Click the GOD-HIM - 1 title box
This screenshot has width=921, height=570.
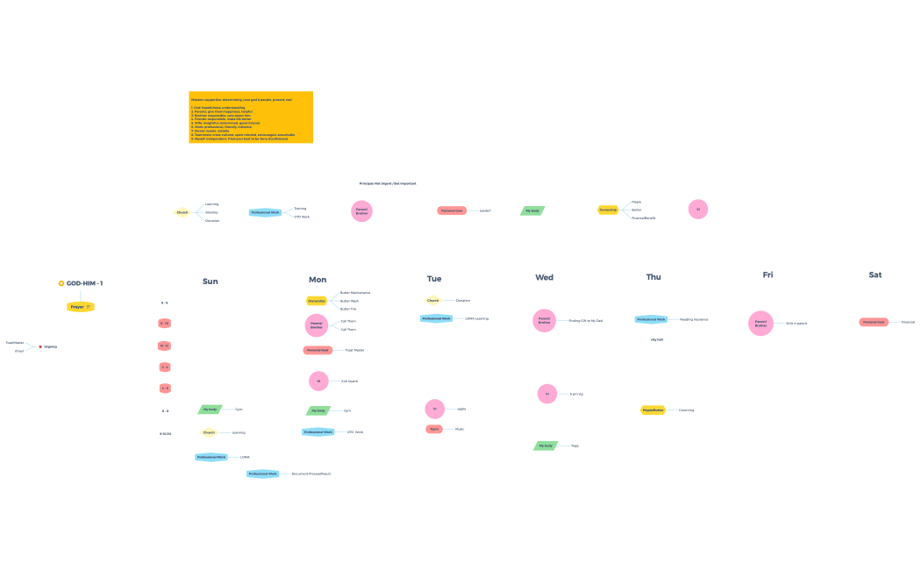[81, 283]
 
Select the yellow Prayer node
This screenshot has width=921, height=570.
[80, 307]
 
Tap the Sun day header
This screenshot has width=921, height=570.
[210, 281]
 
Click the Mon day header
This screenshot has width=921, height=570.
[318, 280]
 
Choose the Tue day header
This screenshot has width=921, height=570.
[434, 279]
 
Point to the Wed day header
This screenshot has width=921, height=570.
[545, 277]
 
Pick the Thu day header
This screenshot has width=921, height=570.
[653, 277]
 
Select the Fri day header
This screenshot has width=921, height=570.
[768, 275]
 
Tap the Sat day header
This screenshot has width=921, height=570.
[875, 274]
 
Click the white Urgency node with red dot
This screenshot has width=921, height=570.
[48, 346]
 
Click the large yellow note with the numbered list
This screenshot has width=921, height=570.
[251, 118]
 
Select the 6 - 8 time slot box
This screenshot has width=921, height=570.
[165, 303]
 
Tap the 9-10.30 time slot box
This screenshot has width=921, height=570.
[165, 433]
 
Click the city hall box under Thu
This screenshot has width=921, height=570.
[656, 338]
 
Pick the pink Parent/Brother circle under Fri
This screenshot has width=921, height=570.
[760, 323]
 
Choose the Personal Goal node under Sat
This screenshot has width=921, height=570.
[874, 322]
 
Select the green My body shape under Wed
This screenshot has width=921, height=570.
[546, 445]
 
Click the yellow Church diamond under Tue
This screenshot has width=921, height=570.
[432, 300]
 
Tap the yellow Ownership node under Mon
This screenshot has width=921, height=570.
[317, 301]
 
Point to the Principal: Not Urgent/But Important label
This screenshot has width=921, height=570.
[388, 183]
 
